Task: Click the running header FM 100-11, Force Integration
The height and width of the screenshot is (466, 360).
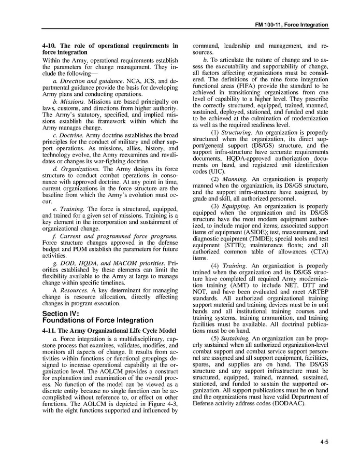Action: (292, 24)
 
